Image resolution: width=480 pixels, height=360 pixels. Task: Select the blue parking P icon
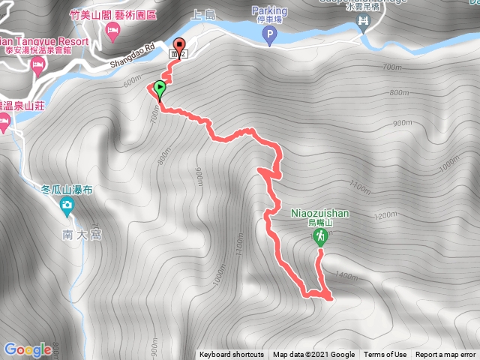(269, 34)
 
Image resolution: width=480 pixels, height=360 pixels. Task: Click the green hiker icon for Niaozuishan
(320, 237)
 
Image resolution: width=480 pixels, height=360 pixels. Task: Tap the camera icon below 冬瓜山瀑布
(67, 205)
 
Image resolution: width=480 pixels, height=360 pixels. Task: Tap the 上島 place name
(204, 13)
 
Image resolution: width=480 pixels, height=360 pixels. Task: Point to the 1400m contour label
(347, 277)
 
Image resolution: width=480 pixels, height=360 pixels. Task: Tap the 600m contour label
(132, 80)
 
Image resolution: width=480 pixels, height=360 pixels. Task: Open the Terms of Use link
(385, 355)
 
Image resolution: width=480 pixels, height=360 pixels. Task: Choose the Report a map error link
(447, 355)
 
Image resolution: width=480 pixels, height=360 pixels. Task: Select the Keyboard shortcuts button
(232, 355)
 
